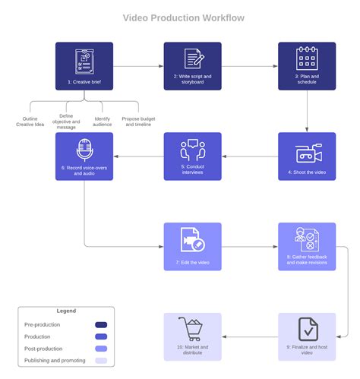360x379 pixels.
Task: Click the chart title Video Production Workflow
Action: click(184, 18)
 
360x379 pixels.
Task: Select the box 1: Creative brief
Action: click(84, 65)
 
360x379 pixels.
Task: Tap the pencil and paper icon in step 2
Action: click(193, 59)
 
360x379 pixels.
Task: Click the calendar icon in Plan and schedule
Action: click(306, 59)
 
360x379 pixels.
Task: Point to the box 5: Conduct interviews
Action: click(193, 156)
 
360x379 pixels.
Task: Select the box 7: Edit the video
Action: click(193, 246)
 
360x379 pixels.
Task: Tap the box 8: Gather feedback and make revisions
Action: click(306, 246)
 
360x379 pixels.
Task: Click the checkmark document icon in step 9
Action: click(308, 330)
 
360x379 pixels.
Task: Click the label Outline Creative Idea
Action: click(30, 122)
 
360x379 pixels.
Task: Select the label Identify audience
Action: click(103, 122)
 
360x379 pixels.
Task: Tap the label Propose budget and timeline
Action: click(138, 122)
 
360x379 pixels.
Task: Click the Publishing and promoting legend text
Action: click(55, 361)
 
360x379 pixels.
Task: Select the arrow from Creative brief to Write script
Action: click(138, 65)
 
